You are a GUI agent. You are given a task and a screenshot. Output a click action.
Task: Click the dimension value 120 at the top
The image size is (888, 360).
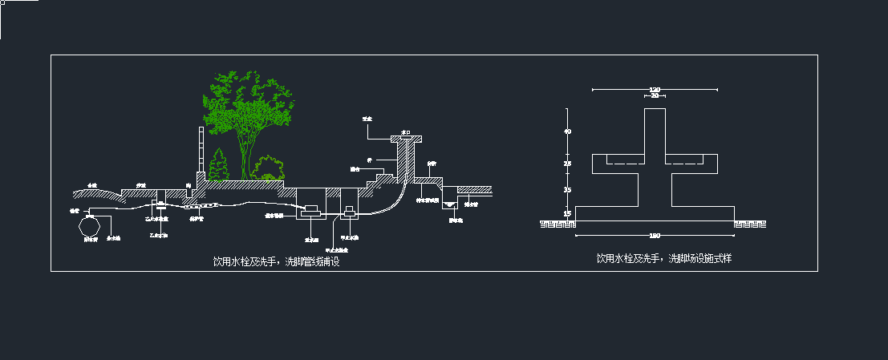point(654,89)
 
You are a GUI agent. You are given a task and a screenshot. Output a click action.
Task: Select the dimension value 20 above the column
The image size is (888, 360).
point(654,95)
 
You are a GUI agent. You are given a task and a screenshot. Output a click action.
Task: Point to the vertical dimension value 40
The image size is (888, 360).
point(568,131)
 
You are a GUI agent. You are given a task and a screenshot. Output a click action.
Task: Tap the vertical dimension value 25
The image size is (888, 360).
point(568,164)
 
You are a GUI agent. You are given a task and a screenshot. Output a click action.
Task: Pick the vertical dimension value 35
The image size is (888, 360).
point(568,190)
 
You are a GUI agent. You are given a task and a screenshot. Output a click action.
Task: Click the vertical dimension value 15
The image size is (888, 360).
point(568,213)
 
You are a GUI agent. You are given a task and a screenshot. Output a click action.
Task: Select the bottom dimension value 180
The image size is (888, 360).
point(654,235)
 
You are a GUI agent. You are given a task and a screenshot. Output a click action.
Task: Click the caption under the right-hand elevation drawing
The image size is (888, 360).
point(664,258)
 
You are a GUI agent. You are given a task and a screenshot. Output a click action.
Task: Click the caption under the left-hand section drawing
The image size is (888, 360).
point(277,261)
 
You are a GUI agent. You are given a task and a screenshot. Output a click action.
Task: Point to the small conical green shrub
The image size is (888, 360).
point(218,167)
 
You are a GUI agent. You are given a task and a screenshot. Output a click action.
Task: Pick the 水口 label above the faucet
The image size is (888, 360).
point(406,132)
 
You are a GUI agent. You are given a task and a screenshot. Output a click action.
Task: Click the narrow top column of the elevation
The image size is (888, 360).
point(655,130)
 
